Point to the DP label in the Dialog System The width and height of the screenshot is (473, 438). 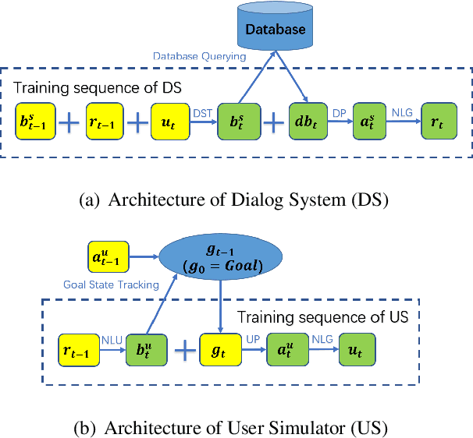340,112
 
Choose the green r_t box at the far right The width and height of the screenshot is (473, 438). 438,122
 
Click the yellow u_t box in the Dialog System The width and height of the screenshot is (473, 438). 170,122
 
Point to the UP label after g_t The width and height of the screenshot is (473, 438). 251,339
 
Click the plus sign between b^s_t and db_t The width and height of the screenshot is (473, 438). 272,122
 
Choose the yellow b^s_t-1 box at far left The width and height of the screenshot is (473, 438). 37,122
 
